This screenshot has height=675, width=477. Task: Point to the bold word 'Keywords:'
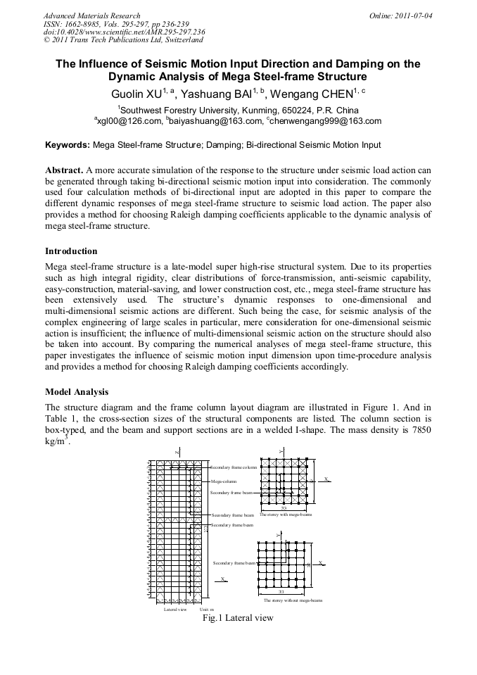pos(68,146)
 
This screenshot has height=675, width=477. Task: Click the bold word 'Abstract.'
pos(64,170)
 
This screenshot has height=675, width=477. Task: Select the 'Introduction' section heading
pos(71,251)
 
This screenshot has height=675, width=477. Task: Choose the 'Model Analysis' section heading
pos(77,391)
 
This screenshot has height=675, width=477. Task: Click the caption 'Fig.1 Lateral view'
pos(237,618)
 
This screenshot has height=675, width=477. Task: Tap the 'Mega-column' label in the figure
pos(224,482)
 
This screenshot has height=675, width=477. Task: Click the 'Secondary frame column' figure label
pos(234,467)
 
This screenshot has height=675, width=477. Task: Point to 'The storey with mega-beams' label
pos(285,515)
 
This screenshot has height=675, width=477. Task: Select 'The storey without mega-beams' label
pos(293,600)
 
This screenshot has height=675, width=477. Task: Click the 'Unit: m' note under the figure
pos(206,609)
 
